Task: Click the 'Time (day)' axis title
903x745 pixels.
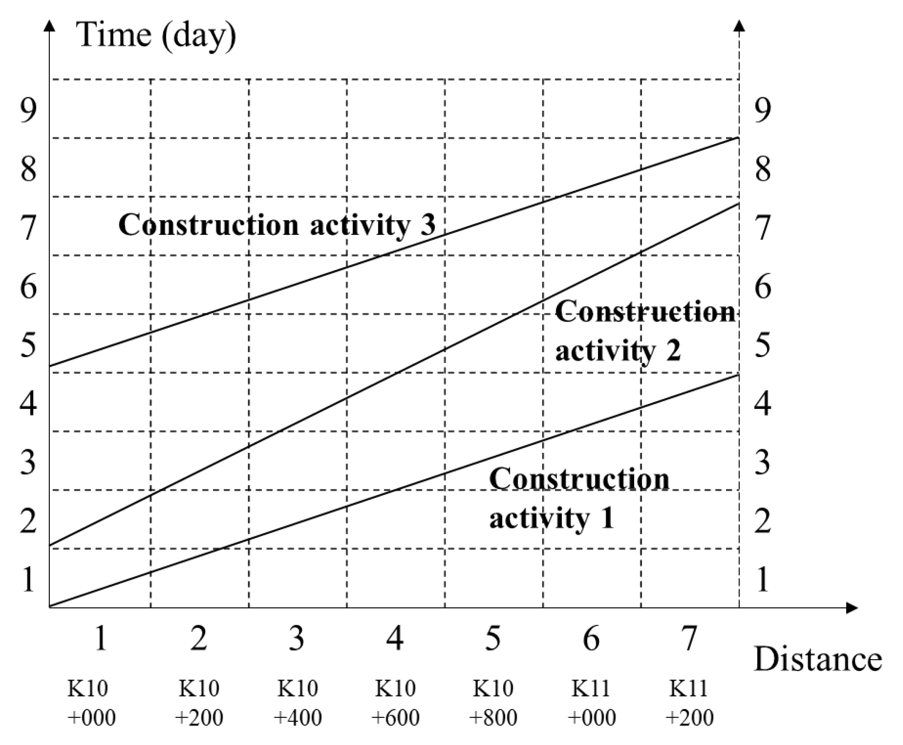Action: pyautogui.click(x=156, y=35)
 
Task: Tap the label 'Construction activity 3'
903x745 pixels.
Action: pyautogui.click(x=277, y=224)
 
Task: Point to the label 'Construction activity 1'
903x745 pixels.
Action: pyautogui.click(x=579, y=498)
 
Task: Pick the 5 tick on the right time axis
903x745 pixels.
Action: pyautogui.click(x=763, y=346)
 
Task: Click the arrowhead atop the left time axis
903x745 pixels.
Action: pyautogui.click(x=50, y=26)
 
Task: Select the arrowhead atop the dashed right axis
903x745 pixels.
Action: pyautogui.click(x=739, y=26)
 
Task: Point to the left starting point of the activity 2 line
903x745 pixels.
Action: pyautogui.click(x=50, y=545)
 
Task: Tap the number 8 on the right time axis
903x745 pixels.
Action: pyautogui.click(x=763, y=169)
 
